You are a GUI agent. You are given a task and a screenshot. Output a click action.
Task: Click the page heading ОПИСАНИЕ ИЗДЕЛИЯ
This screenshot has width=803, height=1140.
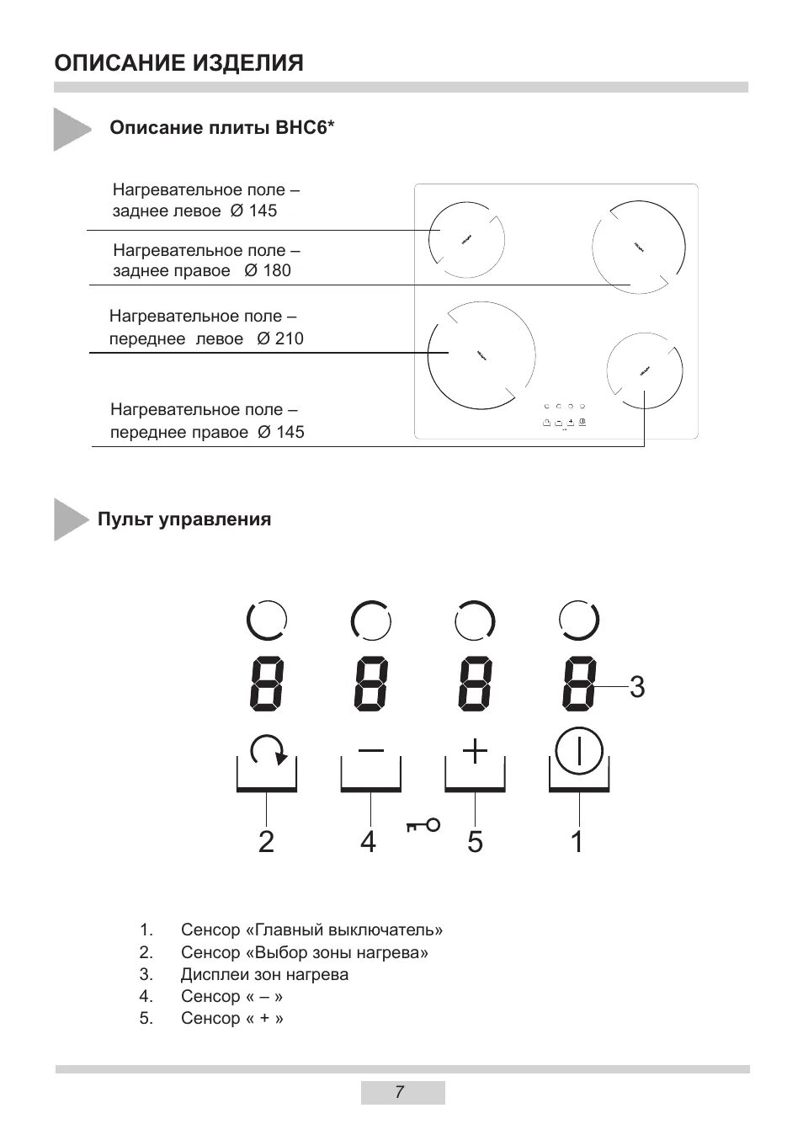tap(178, 63)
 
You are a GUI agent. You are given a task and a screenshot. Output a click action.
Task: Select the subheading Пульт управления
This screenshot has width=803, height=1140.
tap(184, 519)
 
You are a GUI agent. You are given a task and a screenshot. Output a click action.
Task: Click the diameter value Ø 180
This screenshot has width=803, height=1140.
tap(268, 271)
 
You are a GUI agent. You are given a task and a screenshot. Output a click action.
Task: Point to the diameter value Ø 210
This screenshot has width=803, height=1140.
tap(280, 339)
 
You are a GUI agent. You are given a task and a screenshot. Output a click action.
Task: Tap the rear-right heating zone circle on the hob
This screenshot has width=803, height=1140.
tap(639, 246)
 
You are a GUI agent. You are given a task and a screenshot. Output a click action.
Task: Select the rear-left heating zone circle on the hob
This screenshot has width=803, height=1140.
tap(466, 241)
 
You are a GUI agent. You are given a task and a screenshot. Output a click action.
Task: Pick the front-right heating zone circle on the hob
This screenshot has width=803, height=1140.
tap(644, 371)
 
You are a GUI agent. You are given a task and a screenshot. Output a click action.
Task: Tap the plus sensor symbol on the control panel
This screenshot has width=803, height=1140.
tap(476, 750)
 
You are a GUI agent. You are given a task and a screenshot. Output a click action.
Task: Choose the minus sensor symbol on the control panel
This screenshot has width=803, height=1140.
tap(371, 750)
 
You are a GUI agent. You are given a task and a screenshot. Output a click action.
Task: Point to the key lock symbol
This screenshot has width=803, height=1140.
tap(423, 825)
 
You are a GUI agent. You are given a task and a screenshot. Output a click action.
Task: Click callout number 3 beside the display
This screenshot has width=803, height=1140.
tap(637, 687)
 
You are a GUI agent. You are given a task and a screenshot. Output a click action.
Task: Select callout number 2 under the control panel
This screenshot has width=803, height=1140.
tap(266, 841)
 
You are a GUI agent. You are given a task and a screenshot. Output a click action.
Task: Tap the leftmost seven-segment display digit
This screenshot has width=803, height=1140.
tap(267, 682)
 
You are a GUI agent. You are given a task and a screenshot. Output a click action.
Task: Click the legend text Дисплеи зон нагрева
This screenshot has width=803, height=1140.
tap(264, 974)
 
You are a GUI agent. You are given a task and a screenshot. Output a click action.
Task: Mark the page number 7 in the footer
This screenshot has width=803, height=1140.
tap(400, 1093)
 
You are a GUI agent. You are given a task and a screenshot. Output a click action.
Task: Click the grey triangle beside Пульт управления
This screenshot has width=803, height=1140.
tap(70, 519)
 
